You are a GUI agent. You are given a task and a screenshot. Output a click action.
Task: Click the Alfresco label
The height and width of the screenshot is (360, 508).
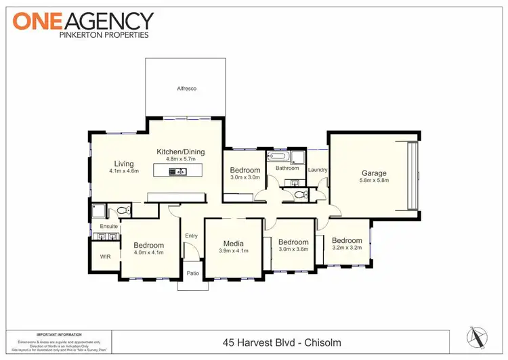186,89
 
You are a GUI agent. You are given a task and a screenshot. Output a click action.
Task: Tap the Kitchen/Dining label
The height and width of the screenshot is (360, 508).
180,152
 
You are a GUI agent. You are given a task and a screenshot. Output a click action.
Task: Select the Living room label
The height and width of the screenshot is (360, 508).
124,164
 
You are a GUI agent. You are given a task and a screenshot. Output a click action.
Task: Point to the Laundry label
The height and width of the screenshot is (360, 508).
318,170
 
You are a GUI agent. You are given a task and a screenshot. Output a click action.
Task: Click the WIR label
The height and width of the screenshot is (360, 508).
105,257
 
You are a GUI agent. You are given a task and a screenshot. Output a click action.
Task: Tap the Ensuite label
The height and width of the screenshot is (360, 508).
109,225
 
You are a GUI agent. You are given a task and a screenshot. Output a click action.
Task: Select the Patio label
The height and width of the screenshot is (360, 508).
194,274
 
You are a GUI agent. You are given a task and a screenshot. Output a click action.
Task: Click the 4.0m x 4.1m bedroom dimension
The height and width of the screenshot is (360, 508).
148,253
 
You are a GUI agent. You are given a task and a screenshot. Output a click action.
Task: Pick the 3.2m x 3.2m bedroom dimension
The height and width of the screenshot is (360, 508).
346,248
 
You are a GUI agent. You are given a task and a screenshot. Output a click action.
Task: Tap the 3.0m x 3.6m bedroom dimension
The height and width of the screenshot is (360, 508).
293,250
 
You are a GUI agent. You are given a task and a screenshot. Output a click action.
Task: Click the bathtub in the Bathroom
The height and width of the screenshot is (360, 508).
278,158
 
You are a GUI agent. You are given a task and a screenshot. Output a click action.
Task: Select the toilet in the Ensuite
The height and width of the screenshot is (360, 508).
123,211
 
